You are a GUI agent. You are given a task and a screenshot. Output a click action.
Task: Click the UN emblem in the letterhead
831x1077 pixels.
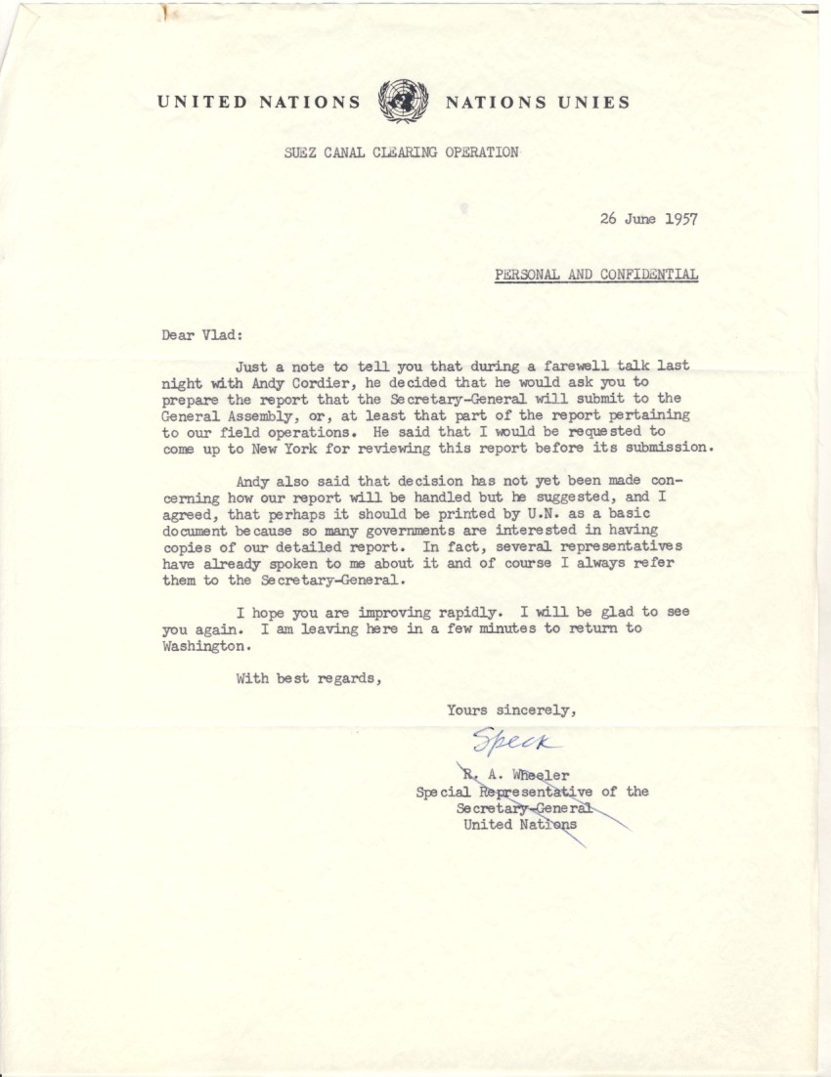(x=402, y=101)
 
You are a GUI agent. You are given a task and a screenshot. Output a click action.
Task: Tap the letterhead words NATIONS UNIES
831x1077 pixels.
(x=537, y=102)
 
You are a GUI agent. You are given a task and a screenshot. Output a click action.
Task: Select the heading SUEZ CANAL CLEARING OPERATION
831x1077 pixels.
(x=402, y=151)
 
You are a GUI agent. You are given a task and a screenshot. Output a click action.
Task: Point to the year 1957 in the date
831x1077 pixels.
(x=680, y=219)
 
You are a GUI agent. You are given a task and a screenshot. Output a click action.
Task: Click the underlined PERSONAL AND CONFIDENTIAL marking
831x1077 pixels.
(x=596, y=275)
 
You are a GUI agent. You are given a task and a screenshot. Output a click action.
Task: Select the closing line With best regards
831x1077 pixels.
(x=308, y=677)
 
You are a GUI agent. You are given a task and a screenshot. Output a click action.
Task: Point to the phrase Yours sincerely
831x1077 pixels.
(x=511, y=711)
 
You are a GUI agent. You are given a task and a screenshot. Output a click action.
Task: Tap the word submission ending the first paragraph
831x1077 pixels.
(x=671, y=449)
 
